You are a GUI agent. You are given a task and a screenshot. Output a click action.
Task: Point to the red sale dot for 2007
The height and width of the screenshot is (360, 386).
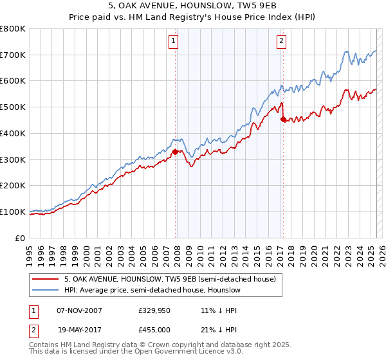(x=175, y=152)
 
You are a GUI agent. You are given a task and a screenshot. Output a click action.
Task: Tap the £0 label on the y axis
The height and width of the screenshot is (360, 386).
(x=21, y=238)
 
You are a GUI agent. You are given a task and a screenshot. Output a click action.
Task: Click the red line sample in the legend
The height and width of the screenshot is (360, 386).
(x=46, y=279)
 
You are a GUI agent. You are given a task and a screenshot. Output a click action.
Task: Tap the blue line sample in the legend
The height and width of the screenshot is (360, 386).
(x=46, y=290)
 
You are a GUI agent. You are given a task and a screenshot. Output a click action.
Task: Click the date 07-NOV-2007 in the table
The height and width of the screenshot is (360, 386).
(x=80, y=310)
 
